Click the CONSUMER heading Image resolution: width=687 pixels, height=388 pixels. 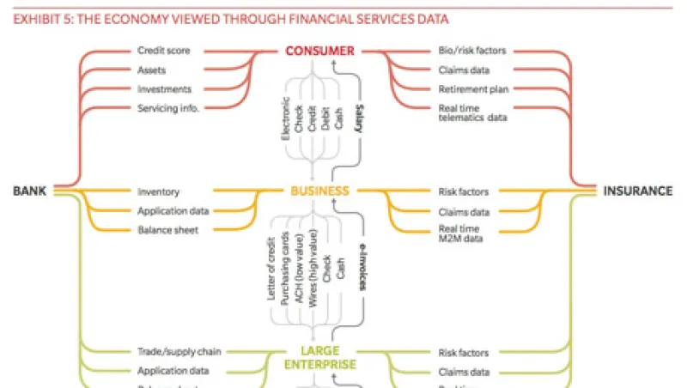pos(319,51)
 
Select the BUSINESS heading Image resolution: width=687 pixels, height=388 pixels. pos(319,191)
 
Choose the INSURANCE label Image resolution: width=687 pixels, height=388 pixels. pos(637,191)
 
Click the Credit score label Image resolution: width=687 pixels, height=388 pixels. pos(163,51)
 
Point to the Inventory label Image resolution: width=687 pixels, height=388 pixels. pos(158,191)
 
